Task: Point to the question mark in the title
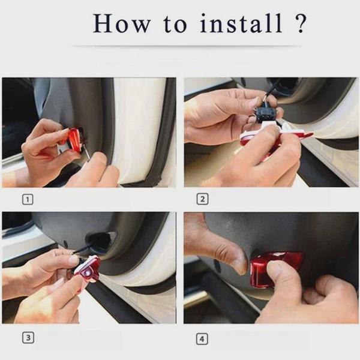(x=301, y=23)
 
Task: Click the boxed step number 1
(x=28, y=199)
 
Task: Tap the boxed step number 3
(x=28, y=338)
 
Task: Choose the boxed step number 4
(x=202, y=339)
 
